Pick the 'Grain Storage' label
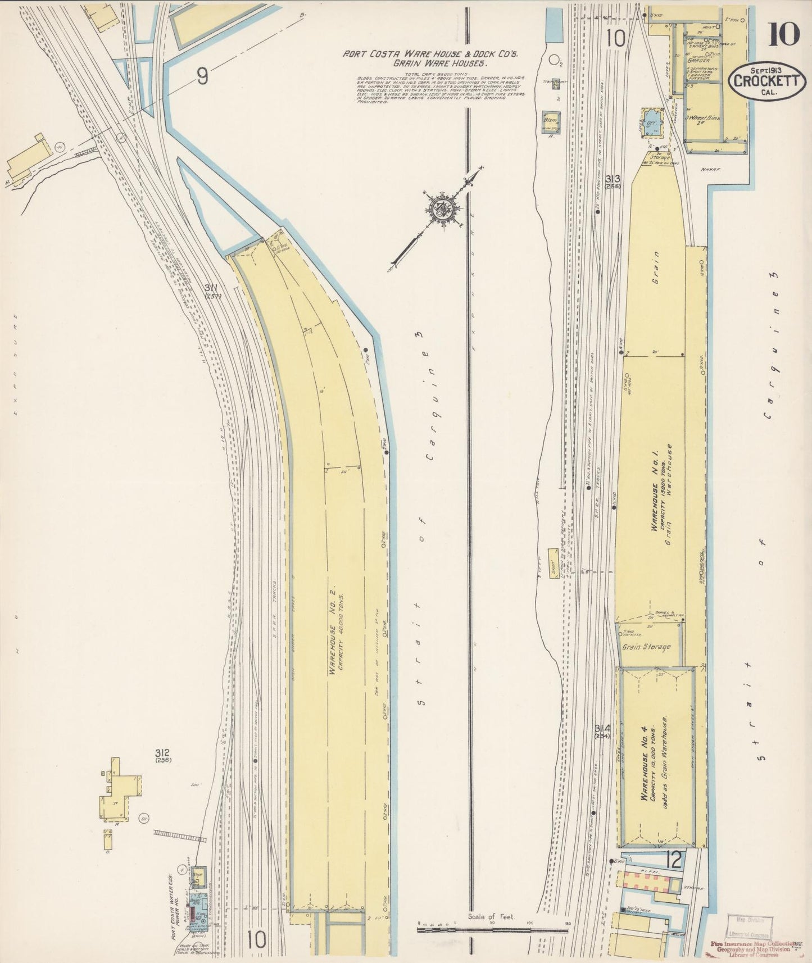tap(646, 647)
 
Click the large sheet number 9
tap(202, 77)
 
